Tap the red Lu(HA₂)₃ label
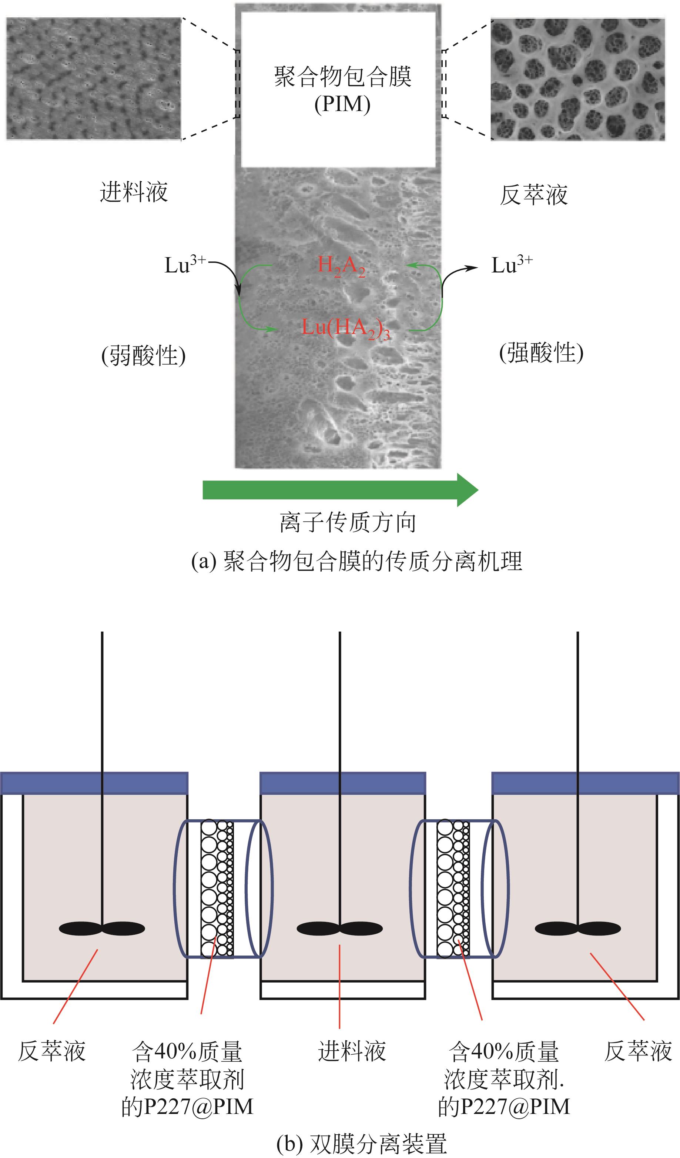click(345, 328)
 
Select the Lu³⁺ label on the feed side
click(185, 265)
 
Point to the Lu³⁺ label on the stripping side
click(511, 265)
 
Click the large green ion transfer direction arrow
click(340, 490)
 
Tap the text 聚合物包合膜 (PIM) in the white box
click(342, 90)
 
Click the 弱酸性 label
click(143, 355)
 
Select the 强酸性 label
click(541, 353)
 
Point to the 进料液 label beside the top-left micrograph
click(134, 192)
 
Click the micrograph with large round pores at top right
click(577, 79)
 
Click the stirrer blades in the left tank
click(102, 929)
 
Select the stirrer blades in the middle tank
click(339, 929)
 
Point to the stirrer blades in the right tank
click(577, 929)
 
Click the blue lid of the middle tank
click(343, 783)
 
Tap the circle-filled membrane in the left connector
click(217, 889)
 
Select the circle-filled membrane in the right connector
click(453, 889)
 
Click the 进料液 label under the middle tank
click(352, 1051)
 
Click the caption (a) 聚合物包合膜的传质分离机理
click(356, 561)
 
